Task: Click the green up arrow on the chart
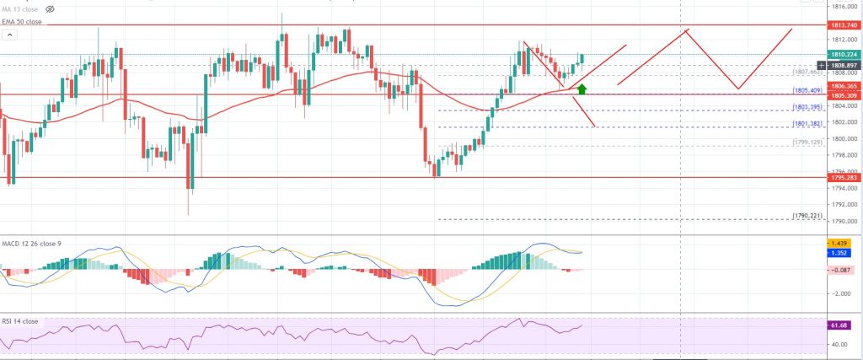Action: tap(582, 88)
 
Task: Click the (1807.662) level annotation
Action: tap(807, 73)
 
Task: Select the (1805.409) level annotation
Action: tap(807, 90)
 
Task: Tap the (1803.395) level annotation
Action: tap(807, 107)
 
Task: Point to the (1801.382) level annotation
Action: tap(807, 124)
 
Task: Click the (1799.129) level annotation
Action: tap(807, 142)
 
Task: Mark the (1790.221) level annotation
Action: tap(807, 216)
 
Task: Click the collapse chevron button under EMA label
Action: tap(10, 35)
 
